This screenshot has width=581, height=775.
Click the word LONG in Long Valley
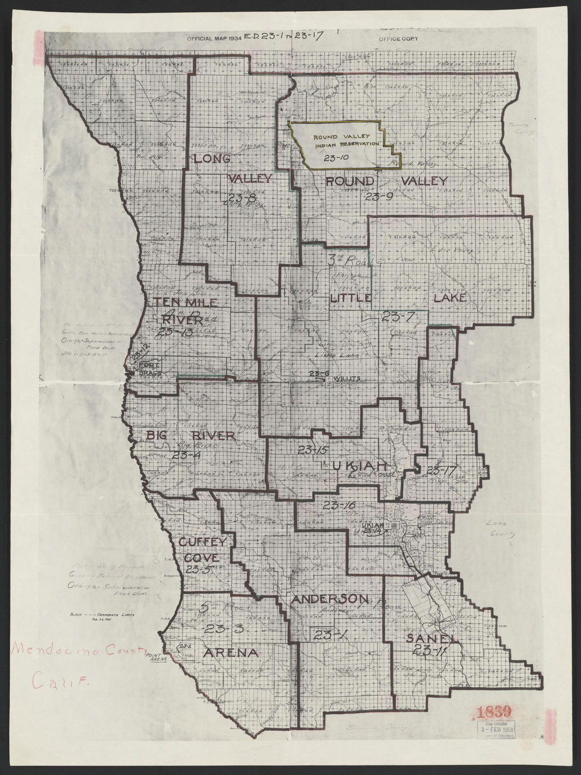pyautogui.click(x=211, y=158)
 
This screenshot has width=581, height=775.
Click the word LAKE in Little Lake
pyautogui.click(x=449, y=298)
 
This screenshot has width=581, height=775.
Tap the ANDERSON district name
pyautogui.click(x=329, y=599)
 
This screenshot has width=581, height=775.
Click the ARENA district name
pyautogui.click(x=231, y=653)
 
